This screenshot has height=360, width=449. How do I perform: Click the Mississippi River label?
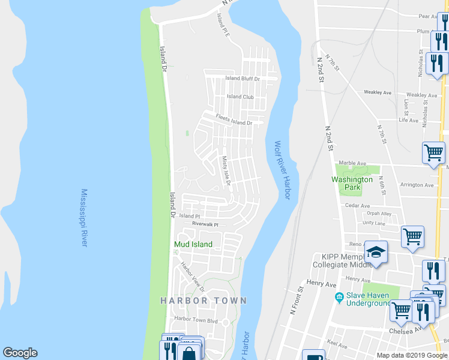click(85, 218)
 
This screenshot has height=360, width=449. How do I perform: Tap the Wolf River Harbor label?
click(282, 171)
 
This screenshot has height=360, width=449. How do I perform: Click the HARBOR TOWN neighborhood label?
click(203, 300)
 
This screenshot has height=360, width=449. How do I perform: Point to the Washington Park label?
click(352, 183)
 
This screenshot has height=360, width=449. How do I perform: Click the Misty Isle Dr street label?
click(226, 171)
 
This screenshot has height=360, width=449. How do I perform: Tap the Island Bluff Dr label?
click(242, 79)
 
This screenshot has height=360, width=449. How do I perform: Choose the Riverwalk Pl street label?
click(205, 224)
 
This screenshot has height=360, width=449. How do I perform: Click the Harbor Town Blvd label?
click(196, 320)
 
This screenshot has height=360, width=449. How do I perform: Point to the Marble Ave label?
click(352, 163)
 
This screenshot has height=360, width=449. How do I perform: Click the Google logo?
click(20, 353)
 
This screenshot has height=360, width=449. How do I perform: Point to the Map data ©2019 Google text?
click(412, 355)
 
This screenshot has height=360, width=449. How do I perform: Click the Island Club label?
click(240, 97)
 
